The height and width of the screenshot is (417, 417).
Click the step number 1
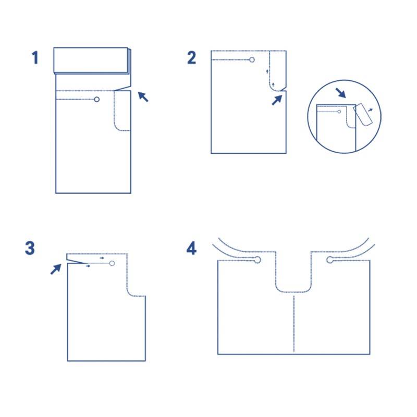click(35, 57)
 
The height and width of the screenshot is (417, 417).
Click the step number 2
click(191, 57)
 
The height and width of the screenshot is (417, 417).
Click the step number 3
click(30, 248)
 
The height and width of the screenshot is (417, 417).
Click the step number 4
click(191, 248)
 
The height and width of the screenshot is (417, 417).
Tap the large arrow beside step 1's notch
click(143, 96)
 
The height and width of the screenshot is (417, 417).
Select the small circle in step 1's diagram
click(97, 100)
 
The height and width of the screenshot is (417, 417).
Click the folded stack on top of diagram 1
click(92, 60)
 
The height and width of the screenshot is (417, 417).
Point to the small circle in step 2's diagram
click(252, 59)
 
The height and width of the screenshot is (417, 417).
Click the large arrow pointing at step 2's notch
click(277, 100)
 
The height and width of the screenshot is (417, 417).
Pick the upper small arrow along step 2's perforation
click(267, 71)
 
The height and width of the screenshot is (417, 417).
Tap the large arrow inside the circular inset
click(340, 93)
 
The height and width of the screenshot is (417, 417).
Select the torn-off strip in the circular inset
click(362, 115)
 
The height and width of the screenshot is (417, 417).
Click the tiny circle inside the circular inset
click(339, 112)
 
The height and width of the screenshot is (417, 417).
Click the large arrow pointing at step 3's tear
click(56, 269)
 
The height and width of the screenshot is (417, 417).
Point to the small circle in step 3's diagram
click(112, 263)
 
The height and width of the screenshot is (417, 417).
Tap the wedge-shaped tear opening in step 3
click(76, 259)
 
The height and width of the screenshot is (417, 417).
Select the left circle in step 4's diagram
click(257, 260)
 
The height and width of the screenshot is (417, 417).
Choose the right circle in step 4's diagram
click(330, 260)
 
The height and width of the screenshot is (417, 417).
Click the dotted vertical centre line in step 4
click(294, 324)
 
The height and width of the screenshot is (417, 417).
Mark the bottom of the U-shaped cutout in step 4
click(293, 292)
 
